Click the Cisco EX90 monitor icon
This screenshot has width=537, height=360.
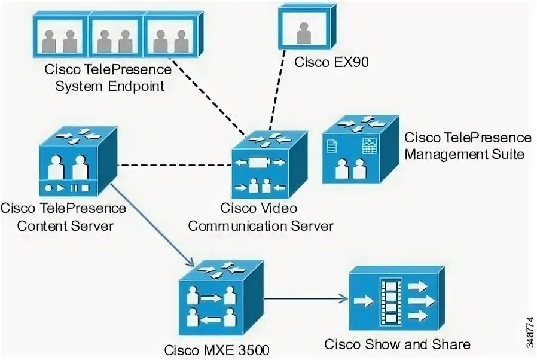[307, 28]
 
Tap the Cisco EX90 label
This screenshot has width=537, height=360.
[331, 62]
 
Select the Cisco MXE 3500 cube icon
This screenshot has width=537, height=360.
[221, 298]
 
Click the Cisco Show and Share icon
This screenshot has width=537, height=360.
[396, 298]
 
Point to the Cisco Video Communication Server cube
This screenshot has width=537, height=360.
[269, 165]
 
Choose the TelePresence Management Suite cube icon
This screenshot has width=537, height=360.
[361, 150]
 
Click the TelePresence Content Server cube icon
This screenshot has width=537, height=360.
[78, 161]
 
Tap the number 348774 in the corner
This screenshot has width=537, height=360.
[530, 332]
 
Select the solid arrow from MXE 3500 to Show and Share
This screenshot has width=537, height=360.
[306, 298]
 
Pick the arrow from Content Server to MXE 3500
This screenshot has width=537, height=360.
[152, 225]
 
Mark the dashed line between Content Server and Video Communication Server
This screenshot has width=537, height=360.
[175, 166]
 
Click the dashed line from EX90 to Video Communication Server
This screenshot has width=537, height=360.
[277, 90]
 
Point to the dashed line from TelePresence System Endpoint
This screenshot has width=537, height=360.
[209, 97]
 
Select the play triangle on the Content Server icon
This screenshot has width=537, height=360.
[60, 188]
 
